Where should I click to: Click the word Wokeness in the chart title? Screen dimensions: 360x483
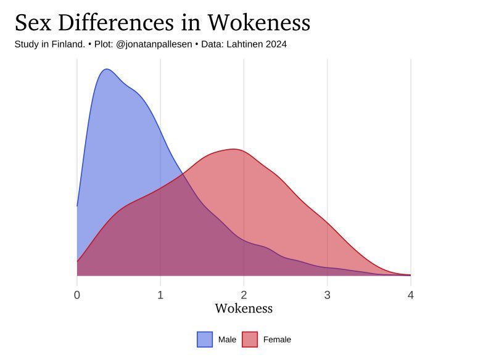tap(258, 23)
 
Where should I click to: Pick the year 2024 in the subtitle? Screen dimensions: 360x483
tap(276, 44)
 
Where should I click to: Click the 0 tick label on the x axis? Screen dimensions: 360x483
tap(77, 295)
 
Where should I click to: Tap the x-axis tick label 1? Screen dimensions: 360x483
tap(160, 295)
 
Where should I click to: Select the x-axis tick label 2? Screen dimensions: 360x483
tap(244, 295)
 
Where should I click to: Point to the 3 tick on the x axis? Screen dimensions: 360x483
tap(328, 295)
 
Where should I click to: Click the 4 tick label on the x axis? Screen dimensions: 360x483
tap(411, 295)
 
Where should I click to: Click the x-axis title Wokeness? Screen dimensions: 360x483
tap(244, 308)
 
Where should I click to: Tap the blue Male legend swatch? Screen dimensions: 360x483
tap(205, 339)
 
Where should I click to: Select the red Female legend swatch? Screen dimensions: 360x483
tap(249, 339)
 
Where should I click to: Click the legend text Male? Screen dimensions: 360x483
tap(227, 340)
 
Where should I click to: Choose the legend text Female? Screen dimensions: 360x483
tap(277, 340)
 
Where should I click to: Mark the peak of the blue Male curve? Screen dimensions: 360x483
tap(107, 69)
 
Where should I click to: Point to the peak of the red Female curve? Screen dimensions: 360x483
tap(234, 149)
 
